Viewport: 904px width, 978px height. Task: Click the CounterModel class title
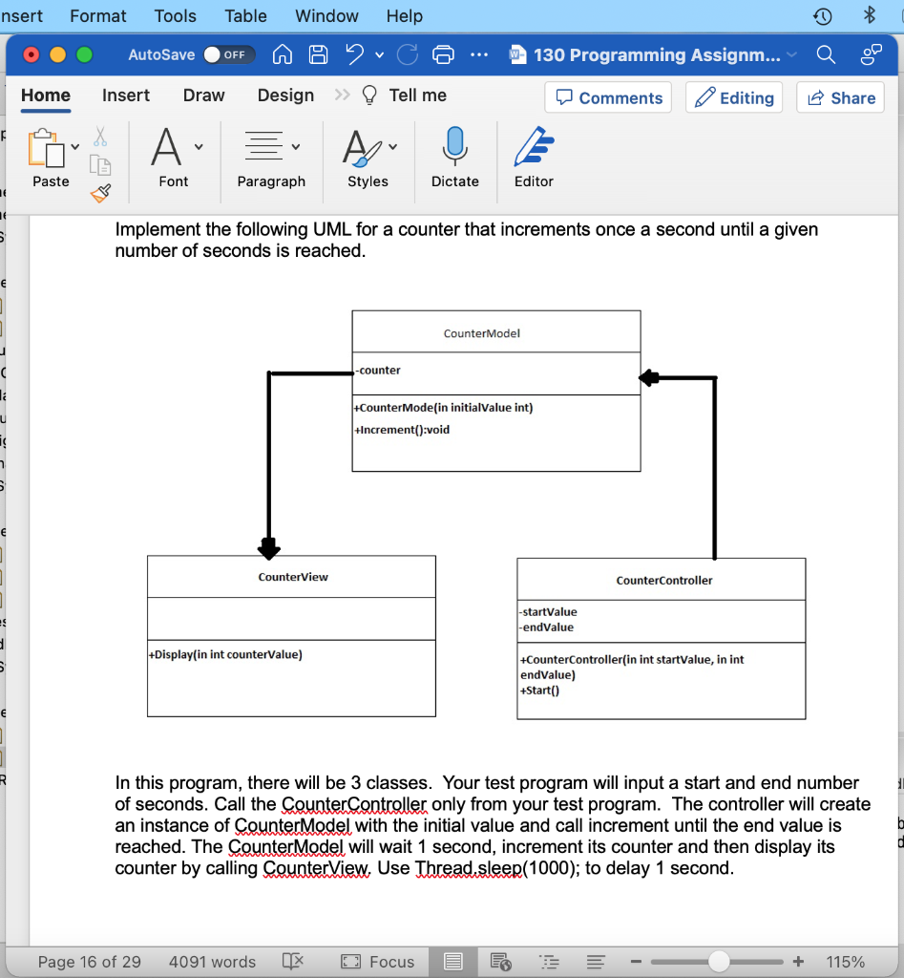(482, 333)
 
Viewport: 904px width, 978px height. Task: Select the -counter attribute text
(379, 371)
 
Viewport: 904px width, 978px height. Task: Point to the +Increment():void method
(402, 430)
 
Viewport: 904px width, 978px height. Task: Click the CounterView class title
(293, 577)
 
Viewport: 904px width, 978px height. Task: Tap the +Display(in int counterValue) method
(225, 654)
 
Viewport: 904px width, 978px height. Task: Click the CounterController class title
(664, 580)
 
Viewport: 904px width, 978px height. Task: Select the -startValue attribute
(548, 611)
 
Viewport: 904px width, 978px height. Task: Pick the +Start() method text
(539, 690)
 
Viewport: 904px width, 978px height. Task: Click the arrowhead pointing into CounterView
(268, 548)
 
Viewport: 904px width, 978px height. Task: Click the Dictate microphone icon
(454, 148)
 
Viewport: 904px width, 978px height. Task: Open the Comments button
(608, 97)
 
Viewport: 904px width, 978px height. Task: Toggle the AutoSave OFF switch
(229, 54)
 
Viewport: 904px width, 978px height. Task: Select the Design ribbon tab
(285, 96)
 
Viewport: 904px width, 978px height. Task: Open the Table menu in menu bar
(245, 16)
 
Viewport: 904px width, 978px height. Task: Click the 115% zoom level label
(845, 962)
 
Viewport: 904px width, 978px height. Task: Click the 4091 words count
(212, 962)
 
